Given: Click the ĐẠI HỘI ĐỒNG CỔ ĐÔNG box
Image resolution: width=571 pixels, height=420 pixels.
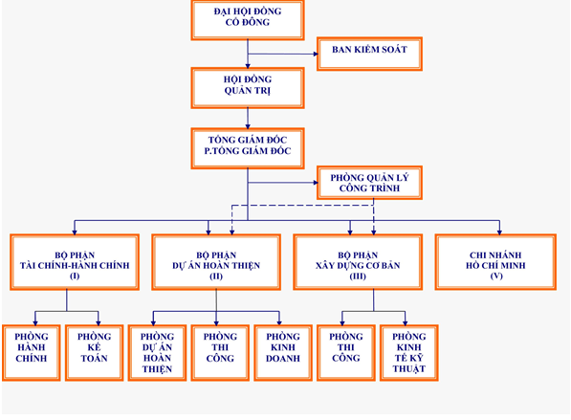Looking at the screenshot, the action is (x=248, y=20).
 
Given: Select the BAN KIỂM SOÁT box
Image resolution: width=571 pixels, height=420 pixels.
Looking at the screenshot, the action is (x=369, y=54).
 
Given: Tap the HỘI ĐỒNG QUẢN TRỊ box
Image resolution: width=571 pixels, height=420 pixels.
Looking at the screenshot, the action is (x=248, y=88).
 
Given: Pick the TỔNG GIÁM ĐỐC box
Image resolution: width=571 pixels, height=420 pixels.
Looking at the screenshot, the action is (x=248, y=148).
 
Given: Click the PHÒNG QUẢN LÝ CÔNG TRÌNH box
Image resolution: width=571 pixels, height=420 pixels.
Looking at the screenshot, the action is (x=369, y=183).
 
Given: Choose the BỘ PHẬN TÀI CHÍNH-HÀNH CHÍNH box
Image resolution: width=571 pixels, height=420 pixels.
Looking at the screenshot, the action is (x=75, y=262).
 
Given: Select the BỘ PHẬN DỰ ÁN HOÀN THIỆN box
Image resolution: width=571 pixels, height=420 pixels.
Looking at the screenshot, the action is (x=216, y=262).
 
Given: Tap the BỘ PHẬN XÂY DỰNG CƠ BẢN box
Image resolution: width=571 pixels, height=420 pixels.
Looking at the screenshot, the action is (x=358, y=262).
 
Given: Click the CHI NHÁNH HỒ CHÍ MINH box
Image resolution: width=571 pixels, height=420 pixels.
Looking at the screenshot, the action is (x=495, y=262).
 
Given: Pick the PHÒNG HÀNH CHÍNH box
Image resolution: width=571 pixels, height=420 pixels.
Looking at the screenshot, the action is (x=32, y=353).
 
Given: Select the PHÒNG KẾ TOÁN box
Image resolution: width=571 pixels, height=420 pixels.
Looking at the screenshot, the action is (x=95, y=353).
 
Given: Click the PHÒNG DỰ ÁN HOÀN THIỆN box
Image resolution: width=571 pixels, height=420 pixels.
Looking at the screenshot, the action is (x=157, y=353).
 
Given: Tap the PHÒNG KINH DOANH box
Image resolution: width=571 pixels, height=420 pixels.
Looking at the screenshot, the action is (x=283, y=353).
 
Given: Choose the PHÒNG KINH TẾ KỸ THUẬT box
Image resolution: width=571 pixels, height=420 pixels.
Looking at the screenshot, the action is (x=409, y=353).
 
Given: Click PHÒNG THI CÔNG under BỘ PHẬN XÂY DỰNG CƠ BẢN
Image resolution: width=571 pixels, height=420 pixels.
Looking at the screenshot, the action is (x=346, y=353).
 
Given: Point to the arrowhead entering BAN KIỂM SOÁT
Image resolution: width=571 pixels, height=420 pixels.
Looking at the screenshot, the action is (x=316, y=54).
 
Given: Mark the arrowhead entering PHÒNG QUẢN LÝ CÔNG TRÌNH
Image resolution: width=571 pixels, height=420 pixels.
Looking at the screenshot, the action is (x=316, y=183).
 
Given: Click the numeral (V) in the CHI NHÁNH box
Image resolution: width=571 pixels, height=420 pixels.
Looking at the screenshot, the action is (x=496, y=276).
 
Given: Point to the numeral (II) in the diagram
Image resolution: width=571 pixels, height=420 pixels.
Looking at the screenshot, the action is (x=216, y=276).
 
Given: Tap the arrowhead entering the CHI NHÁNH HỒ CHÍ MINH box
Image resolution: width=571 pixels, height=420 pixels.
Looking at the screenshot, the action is (x=499, y=232).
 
